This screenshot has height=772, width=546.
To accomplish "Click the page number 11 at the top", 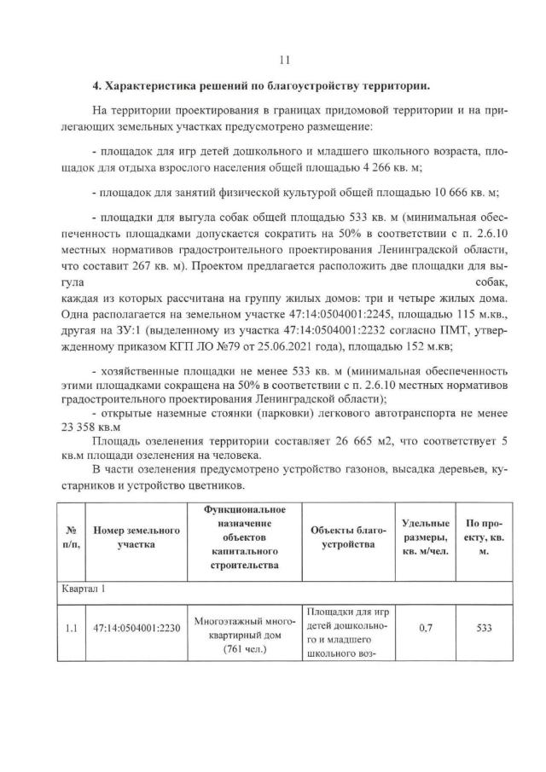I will click(285, 60).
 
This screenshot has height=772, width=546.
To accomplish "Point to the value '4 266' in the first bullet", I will click(378, 167).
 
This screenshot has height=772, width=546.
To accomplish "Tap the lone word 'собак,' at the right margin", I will click(492, 282).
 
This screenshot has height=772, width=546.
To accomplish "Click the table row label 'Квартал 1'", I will click(84, 589).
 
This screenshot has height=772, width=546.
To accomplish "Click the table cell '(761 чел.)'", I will click(244, 647).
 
